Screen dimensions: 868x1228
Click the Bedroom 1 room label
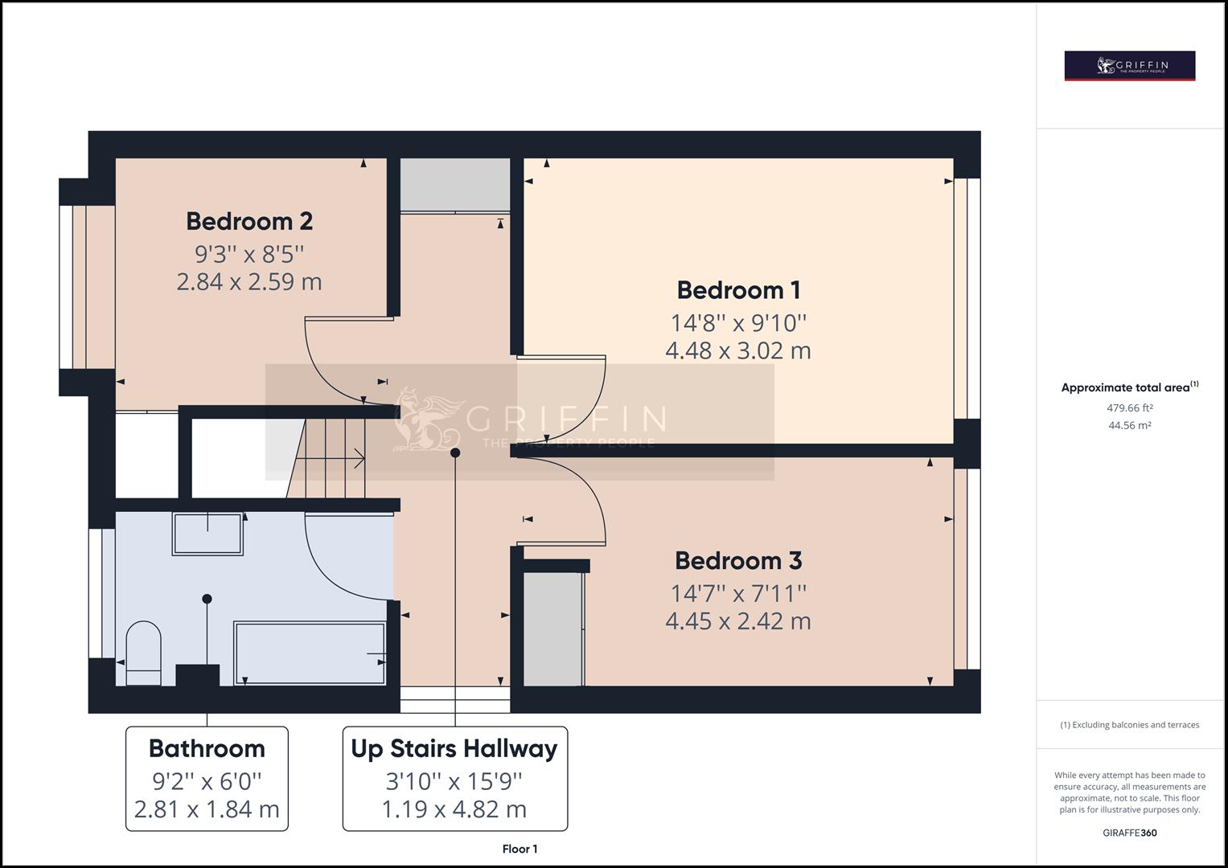tap(738, 290)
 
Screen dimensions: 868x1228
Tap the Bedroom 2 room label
tap(249, 221)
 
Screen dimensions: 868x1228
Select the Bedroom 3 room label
tap(738, 560)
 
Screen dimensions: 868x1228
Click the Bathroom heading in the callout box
tap(207, 748)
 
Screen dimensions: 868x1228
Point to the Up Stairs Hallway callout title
tap(454, 748)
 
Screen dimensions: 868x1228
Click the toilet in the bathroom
tap(144, 652)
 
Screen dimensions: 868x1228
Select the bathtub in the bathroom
tap(310, 653)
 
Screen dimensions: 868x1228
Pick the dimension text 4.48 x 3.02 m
tap(738, 350)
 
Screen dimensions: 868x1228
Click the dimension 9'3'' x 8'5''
tap(249, 254)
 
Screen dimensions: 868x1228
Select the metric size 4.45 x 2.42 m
tap(738, 621)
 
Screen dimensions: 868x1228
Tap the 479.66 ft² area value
tap(1130, 407)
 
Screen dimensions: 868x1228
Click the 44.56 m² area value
tap(1130, 425)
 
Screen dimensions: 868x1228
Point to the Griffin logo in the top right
tap(1130, 66)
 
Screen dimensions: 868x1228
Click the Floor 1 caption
tap(520, 849)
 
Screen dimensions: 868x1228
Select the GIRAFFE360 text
tap(1130, 833)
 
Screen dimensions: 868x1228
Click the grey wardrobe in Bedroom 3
tap(553, 628)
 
